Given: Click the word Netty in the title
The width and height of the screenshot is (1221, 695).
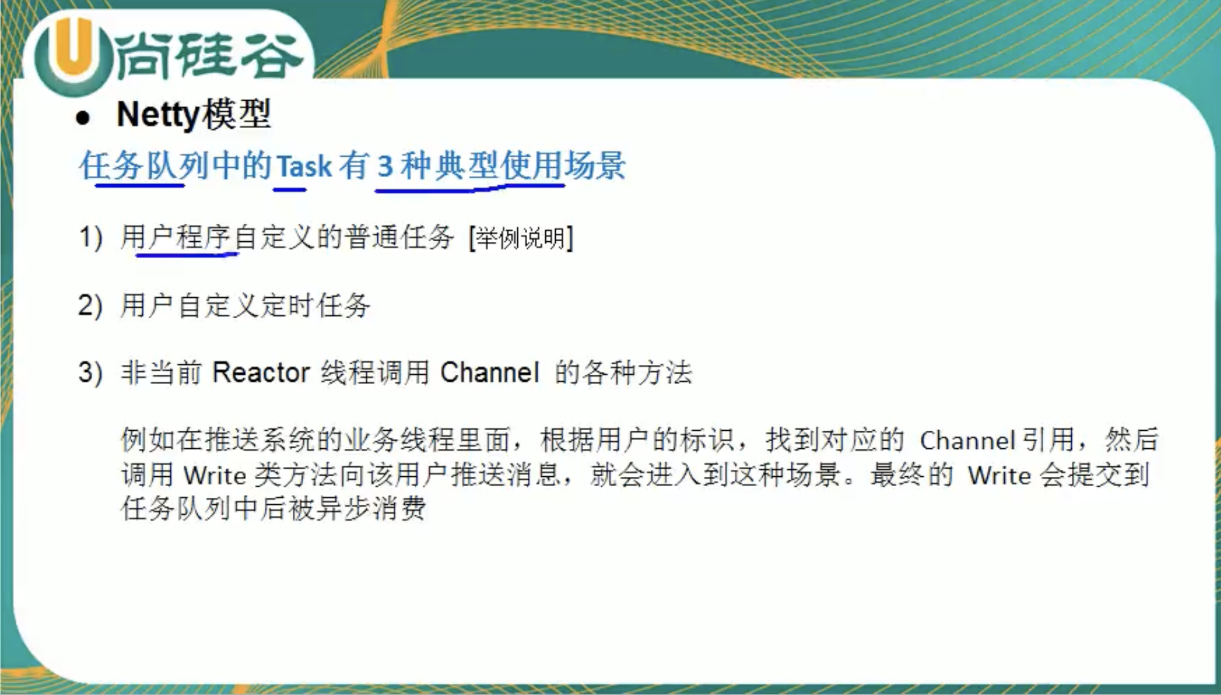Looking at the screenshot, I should click(x=158, y=115).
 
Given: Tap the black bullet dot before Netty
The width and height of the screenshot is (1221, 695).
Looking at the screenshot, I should click(x=83, y=117).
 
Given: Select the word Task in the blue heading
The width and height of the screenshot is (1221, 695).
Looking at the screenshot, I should click(x=304, y=167).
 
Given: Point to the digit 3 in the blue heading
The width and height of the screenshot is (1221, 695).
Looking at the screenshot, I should click(x=385, y=167).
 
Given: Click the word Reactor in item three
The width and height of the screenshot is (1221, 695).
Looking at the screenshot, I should click(x=261, y=373).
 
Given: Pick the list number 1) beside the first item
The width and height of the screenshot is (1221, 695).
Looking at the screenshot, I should click(x=91, y=237).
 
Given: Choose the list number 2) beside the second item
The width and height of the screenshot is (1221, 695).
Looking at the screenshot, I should click(x=91, y=305).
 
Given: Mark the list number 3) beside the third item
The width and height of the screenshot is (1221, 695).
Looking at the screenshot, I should click(x=91, y=373).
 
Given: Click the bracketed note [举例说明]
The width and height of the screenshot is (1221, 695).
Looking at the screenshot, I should click(x=521, y=238).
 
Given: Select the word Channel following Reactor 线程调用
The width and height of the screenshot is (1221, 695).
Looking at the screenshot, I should click(x=489, y=373).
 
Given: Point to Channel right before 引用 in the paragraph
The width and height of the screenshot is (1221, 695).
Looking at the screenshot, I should click(x=967, y=441).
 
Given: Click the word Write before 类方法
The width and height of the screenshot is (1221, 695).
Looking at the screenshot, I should click(x=215, y=476).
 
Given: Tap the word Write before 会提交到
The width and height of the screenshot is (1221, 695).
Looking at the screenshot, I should click(x=999, y=476).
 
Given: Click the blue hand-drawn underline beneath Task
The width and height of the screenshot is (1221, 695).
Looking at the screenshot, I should click(x=290, y=189).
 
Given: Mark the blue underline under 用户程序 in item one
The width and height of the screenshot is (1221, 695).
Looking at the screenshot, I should click(x=187, y=254).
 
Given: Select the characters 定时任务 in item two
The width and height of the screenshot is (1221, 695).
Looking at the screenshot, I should click(x=316, y=305).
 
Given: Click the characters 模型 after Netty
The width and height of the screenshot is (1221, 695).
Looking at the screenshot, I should click(x=237, y=115).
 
